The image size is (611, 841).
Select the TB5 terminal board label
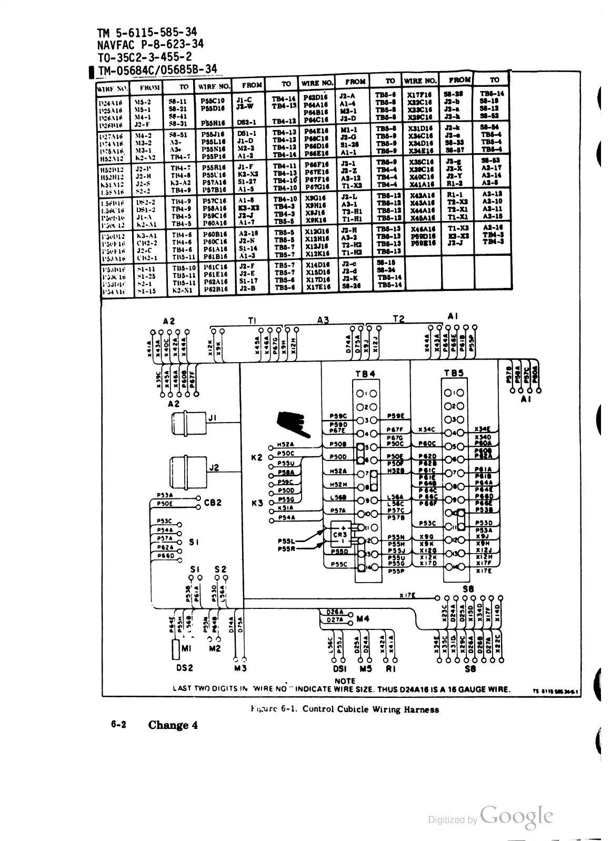453,373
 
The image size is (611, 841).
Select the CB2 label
213,503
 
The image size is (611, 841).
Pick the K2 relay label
257,457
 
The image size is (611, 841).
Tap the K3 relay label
257,503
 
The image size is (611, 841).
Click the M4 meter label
363,619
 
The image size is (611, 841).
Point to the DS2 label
184,668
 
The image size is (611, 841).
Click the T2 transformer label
398,319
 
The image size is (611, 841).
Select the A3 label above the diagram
323,319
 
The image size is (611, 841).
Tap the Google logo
517,816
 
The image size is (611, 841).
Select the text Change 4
173,725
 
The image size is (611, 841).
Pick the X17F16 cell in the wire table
420,94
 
